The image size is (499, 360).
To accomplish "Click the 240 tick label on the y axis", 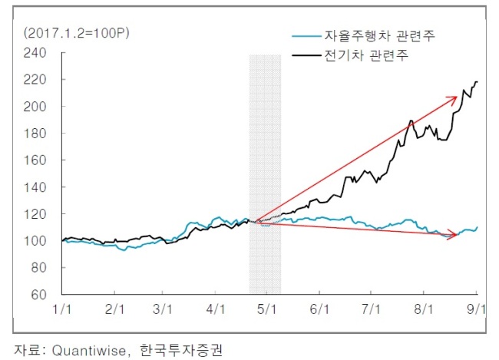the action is point(35,53).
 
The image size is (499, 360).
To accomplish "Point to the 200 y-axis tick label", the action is point(35,107).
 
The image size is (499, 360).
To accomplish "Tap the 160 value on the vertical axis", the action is point(35,160).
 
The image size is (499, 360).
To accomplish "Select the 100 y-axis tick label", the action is point(35,241).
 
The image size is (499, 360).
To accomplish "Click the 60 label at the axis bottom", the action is point(39,295).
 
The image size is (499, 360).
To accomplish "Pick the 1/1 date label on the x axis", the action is point(61,309).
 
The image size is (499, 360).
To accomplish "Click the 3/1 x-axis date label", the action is point(162,309).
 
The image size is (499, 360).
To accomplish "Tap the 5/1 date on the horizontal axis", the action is point(266,309).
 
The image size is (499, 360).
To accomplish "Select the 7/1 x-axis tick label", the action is point(371,309).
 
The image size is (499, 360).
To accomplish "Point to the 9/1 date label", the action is point(476,309).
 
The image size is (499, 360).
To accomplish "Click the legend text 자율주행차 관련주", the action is point(379,35).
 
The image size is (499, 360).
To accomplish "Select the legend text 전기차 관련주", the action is point(366,55).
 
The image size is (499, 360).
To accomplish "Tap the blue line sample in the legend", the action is point(306,36).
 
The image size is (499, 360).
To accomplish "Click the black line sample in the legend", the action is point(306,56).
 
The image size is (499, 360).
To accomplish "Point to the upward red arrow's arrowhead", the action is point(453,99).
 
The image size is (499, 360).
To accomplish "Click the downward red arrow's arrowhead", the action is point(452,235).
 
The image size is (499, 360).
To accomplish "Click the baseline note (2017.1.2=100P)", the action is point(76,33).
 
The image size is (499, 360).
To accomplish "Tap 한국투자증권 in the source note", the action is point(181,350).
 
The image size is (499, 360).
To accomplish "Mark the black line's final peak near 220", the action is point(477,82).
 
